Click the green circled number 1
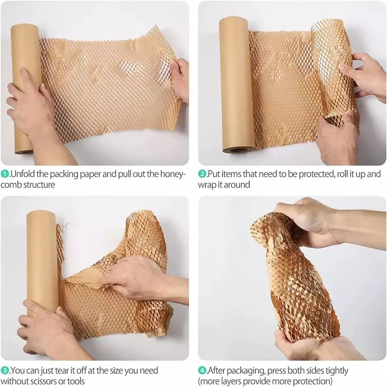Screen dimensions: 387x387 [4, 174]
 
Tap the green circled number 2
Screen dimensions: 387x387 [202, 174]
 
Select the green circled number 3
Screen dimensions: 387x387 [4, 370]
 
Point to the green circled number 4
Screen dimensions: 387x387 [202, 370]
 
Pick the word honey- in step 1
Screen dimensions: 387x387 [174, 174]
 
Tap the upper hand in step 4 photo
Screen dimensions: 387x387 [310, 218]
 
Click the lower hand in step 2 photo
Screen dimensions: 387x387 [337, 133]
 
